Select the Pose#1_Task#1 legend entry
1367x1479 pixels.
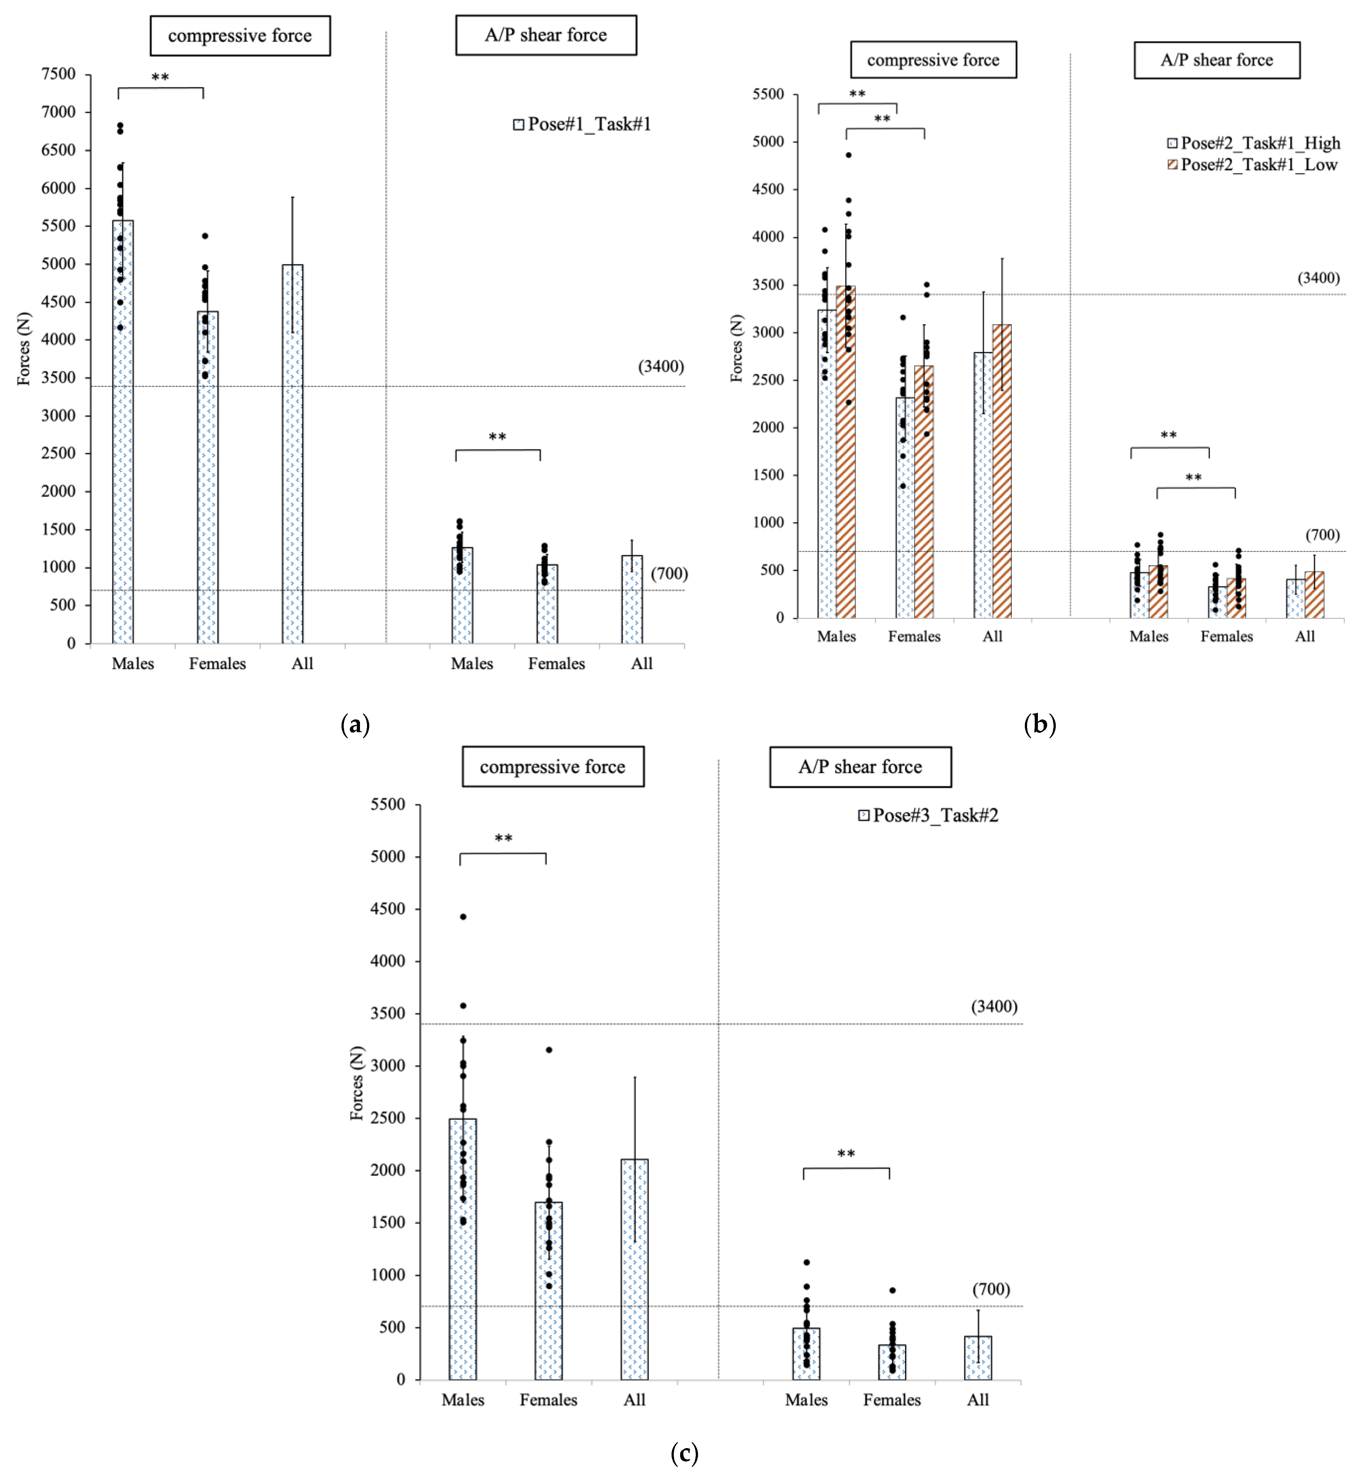click(x=582, y=124)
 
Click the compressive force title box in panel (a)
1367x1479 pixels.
click(x=240, y=35)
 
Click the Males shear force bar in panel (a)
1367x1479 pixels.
click(x=462, y=595)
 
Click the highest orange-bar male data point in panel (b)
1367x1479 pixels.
click(x=848, y=155)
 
